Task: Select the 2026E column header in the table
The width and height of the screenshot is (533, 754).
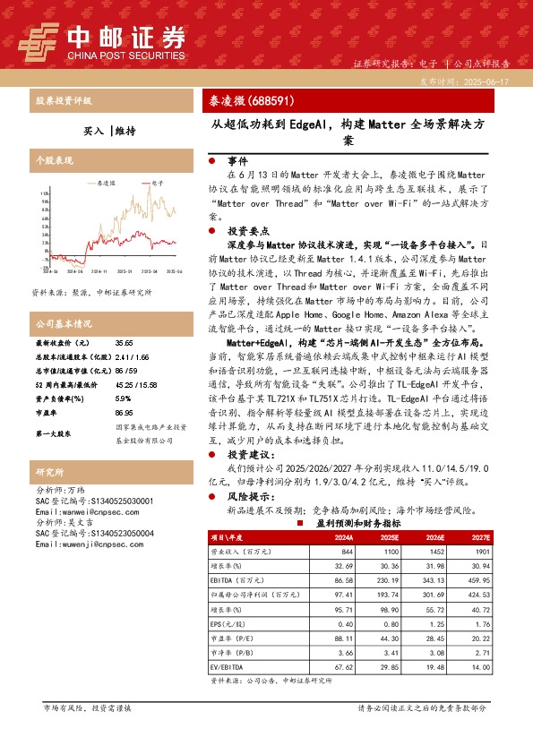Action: point(411,537)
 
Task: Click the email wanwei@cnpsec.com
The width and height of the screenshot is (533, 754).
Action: point(80,511)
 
